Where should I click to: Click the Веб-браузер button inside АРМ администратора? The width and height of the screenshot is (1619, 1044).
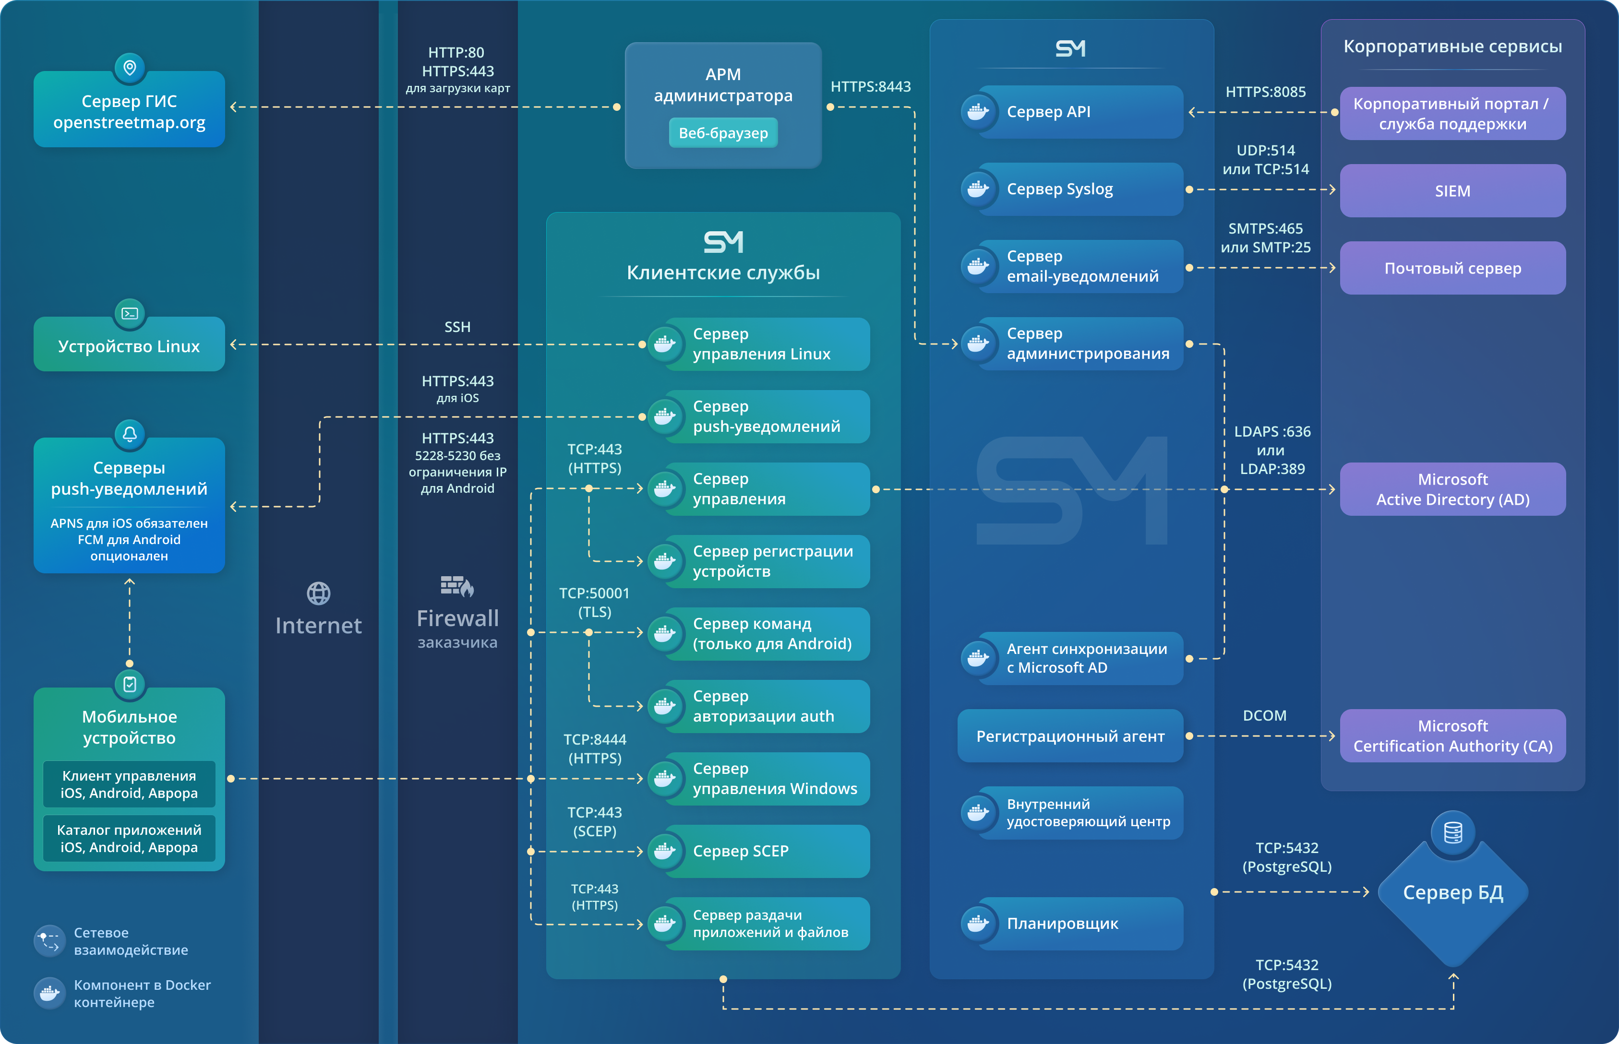coord(723,133)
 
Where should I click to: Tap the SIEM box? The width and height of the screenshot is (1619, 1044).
coord(1452,191)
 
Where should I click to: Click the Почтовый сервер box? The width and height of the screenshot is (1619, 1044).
coord(1452,269)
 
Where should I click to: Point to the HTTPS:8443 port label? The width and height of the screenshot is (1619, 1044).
coord(870,87)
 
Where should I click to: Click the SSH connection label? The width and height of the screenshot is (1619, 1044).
coord(457,327)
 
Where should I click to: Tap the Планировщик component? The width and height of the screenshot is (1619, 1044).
coord(1079,923)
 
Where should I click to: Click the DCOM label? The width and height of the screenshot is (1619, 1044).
coord(1264,716)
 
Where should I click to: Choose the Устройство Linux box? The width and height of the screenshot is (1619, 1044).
coord(129,346)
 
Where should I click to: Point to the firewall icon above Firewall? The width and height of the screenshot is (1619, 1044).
coord(457,586)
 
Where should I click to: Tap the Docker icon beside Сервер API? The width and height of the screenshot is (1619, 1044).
coord(978,112)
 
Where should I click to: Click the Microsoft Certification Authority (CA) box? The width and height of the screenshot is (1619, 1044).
coord(1452,736)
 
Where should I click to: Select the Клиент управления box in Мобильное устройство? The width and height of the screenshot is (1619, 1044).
coord(129,784)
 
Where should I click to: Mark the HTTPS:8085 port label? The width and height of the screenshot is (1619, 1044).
coord(1265,92)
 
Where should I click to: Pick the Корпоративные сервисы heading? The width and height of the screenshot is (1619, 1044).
coord(1452,46)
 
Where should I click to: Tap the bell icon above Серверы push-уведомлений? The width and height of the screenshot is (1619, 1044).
coord(130,434)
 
